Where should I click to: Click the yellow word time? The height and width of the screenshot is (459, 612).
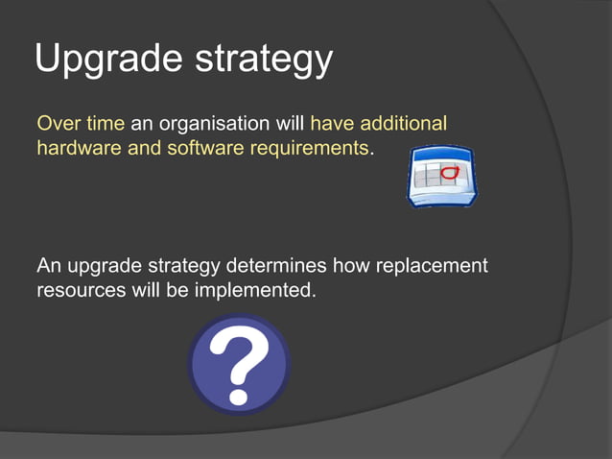coord(105,124)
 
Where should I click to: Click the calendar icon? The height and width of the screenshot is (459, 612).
coord(442,178)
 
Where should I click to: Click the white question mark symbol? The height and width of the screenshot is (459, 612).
coord(239,365)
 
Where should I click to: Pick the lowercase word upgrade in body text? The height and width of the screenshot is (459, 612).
coord(103,266)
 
